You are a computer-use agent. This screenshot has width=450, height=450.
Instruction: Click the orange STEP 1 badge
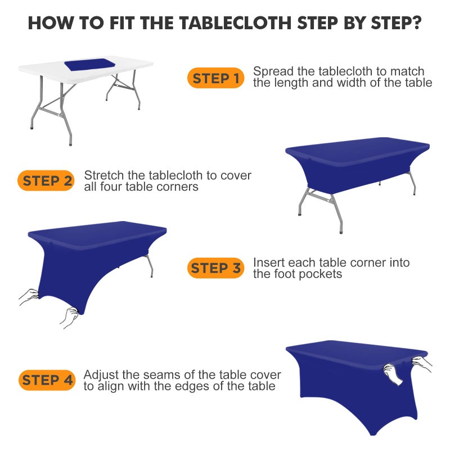click(x=216, y=78)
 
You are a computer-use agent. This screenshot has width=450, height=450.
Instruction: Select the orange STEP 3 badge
click(x=216, y=268)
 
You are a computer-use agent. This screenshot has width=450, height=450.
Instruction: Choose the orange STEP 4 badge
click(x=47, y=380)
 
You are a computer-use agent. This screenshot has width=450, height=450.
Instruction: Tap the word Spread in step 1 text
click(x=272, y=71)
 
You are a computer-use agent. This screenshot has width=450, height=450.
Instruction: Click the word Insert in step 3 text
click(x=268, y=263)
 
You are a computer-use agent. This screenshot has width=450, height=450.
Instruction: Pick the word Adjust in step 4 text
click(x=100, y=375)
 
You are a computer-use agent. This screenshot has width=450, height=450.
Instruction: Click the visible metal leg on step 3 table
click(x=150, y=265)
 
